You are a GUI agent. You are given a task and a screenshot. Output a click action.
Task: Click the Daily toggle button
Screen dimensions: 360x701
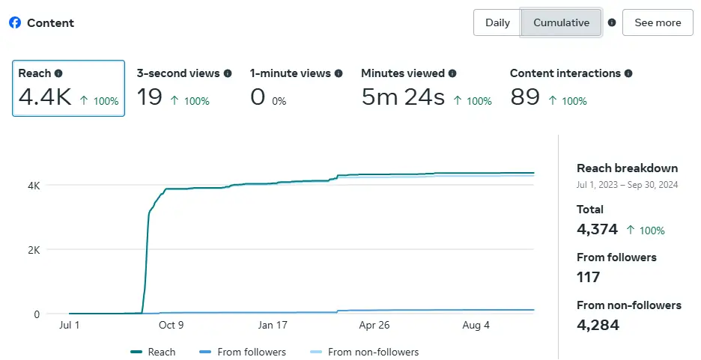497,22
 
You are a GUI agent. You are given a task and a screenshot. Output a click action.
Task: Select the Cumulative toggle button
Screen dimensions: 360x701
561,22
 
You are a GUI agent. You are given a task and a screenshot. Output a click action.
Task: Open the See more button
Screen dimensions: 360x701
658,22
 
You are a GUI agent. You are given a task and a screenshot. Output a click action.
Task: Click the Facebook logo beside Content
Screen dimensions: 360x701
15,22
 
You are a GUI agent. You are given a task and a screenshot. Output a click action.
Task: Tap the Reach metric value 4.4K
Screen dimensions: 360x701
44,97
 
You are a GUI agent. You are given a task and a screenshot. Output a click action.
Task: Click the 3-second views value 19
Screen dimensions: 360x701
149,97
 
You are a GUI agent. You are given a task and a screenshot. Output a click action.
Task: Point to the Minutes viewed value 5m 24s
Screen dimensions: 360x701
403,97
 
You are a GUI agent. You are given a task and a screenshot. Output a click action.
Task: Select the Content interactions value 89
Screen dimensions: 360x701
525,97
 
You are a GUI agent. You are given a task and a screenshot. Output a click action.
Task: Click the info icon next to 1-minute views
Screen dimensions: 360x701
339,73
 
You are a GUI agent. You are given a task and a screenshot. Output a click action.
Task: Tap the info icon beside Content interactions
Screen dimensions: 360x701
628,73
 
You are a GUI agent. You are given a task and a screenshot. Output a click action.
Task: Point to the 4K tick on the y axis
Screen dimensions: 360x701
33,185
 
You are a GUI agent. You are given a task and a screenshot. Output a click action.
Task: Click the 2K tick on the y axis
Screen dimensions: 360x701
33,249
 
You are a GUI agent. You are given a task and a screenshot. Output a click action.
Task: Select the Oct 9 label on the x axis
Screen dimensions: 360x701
171,326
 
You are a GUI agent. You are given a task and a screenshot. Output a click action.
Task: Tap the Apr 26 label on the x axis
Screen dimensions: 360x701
375,326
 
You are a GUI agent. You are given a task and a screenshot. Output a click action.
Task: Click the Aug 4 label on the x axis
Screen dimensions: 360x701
477,326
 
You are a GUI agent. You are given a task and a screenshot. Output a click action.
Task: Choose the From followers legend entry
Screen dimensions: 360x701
243,352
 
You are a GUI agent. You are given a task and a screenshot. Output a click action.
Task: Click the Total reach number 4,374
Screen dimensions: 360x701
598,229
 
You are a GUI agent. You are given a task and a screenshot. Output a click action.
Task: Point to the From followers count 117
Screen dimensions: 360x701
589,277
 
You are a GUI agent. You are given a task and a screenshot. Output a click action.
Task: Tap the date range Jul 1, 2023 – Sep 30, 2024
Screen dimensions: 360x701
627,184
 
